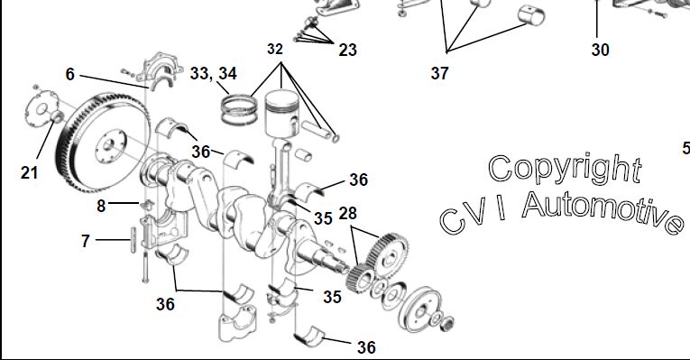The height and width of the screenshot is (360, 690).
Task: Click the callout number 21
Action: click(29, 172)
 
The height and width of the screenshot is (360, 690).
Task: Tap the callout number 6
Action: click(70, 74)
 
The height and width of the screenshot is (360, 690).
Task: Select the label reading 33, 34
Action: click(214, 73)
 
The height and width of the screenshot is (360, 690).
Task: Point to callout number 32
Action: click(274, 49)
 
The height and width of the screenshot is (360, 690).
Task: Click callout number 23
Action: click(347, 50)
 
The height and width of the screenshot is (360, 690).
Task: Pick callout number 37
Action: click(439, 73)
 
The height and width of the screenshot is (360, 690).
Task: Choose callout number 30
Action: click(600, 50)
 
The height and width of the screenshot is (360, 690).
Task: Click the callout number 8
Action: click(101, 206)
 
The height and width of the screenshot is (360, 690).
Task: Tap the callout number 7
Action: click(86, 241)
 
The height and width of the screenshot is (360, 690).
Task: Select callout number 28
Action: click(347, 213)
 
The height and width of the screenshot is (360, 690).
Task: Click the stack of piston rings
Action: click(239, 109)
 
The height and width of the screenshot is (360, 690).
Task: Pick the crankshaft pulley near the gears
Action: click(419, 310)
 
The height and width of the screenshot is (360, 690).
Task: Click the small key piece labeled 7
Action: click(133, 240)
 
